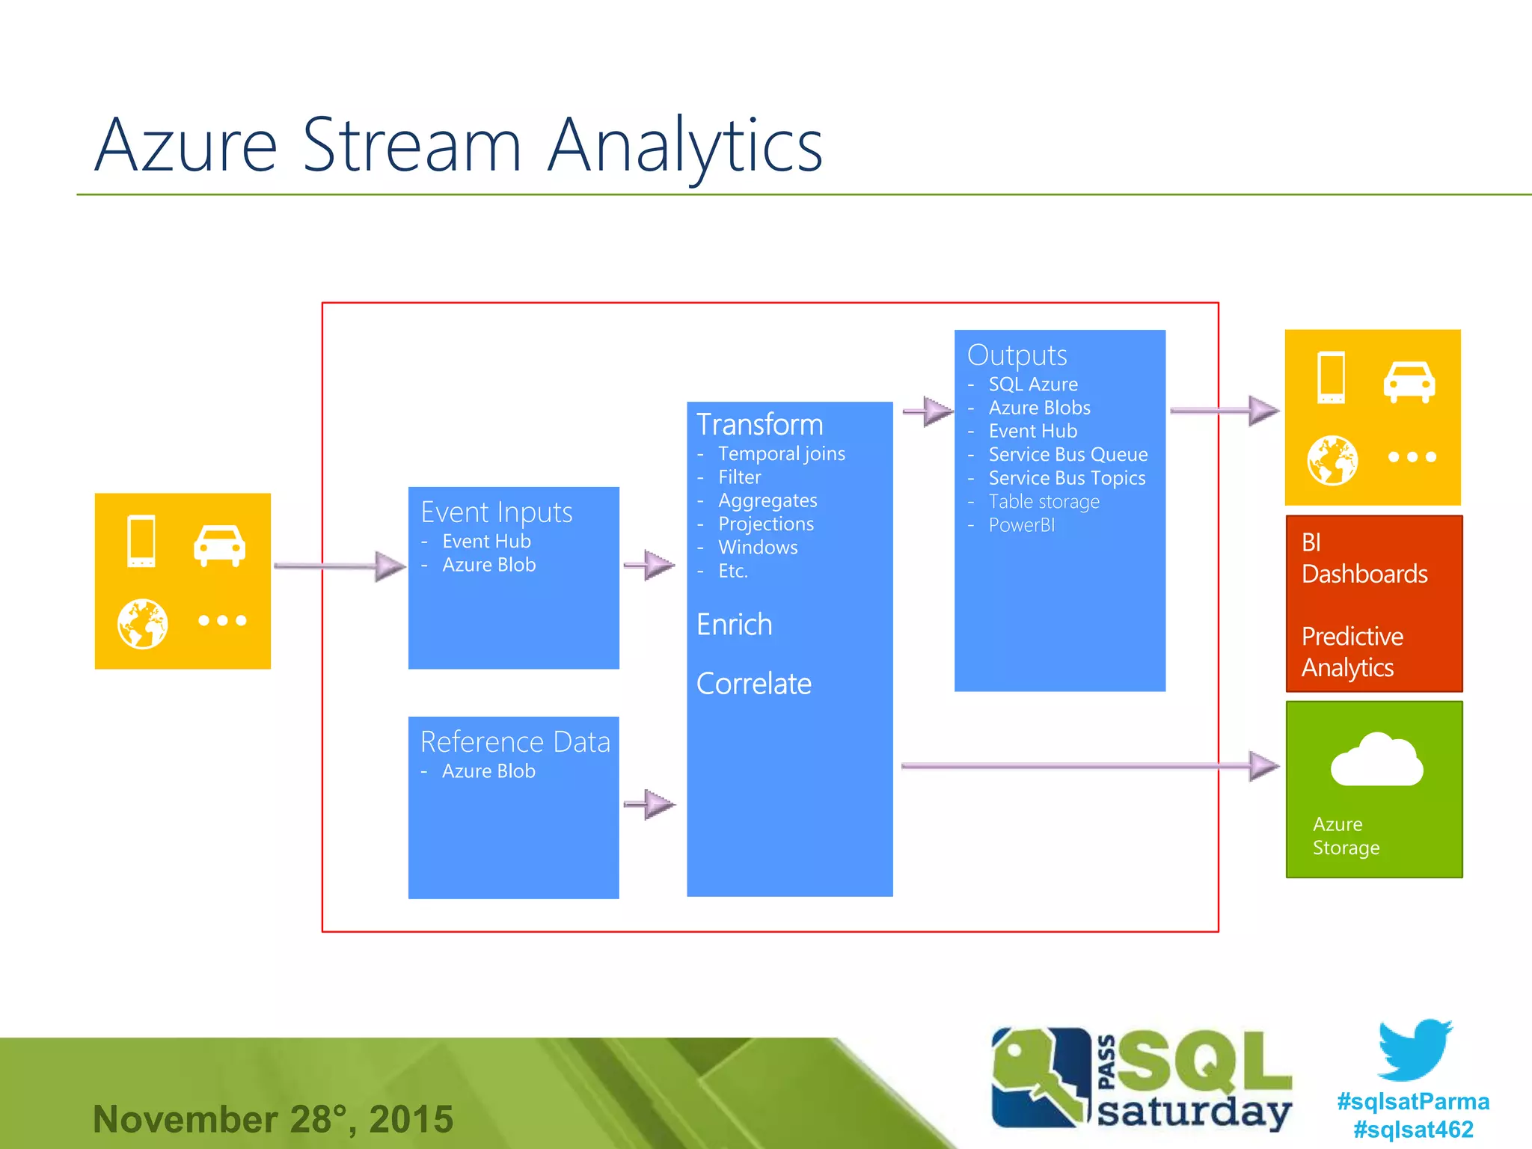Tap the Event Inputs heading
(497, 512)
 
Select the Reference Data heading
(515, 742)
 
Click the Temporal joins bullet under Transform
(781, 454)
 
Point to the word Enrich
(734, 625)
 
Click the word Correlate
(753, 684)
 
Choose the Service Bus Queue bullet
(1067, 455)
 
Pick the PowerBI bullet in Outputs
(1021, 525)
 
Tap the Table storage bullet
(1044, 502)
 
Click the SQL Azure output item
(1033, 384)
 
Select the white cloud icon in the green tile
(1376, 761)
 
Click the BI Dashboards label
(1364, 558)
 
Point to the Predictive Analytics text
(1352, 652)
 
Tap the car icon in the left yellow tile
(219, 545)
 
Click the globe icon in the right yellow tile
(1332, 460)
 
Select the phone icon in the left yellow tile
(141, 541)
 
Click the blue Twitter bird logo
(1415, 1050)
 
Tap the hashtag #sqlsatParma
(1413, 1102)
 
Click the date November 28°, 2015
(273, 1119)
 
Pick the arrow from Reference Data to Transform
(649, 804)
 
